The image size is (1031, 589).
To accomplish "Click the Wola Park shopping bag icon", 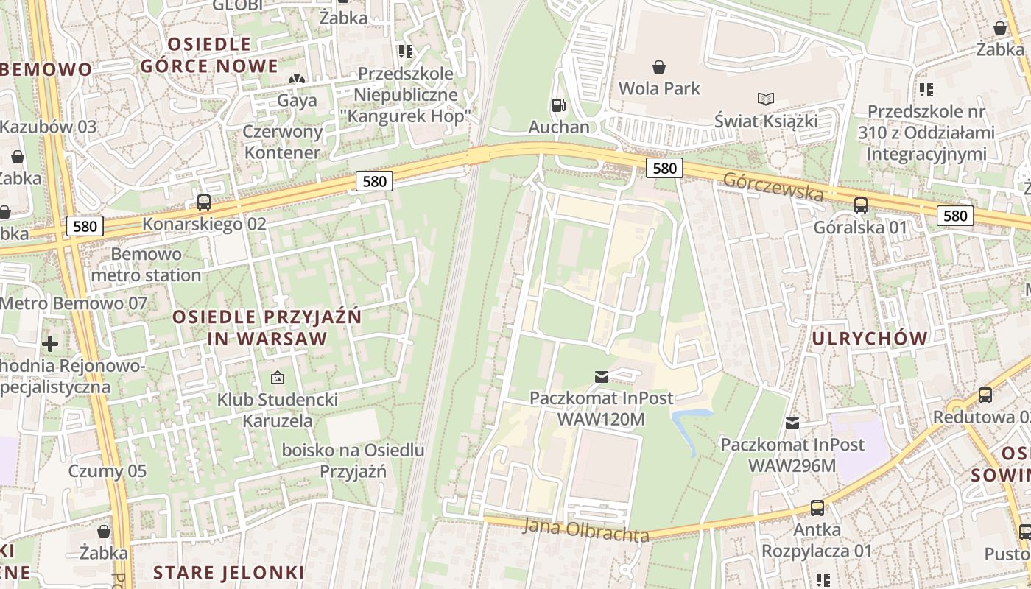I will [x=659, y=67].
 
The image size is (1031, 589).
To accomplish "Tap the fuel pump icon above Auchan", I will [x=560, y=106].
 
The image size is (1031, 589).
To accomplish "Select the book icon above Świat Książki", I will [x=766, y=99].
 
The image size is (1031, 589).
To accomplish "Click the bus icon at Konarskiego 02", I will [x=204, y=202].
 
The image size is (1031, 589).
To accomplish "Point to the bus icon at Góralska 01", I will [x=860, y=205].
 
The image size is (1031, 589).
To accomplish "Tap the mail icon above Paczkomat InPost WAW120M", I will [x=602, y=377].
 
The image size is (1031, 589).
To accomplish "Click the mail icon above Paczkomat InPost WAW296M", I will [x=792, y=423].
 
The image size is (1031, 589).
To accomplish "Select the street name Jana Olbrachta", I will [x=586, y=530].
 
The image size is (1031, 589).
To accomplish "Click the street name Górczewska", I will [x=773, y=187].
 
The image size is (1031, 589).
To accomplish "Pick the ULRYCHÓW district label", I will [x=869, y=339].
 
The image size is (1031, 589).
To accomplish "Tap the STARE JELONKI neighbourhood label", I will [x=228, y=572].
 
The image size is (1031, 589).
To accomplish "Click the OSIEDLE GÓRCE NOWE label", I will [x=210, y=55].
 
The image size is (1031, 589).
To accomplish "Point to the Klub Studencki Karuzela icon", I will [x=278, y=378].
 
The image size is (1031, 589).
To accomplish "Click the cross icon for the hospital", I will [x=50, y=344].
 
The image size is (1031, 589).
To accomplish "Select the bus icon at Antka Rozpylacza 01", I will [x=817, y=507].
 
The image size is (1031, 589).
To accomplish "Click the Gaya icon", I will [x=297, y=79].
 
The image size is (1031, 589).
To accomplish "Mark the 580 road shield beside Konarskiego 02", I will [x=374, y=181].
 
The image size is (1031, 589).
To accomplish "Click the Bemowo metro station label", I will [x=146, y=265].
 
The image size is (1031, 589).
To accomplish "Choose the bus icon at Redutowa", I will [x=985, y=395].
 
